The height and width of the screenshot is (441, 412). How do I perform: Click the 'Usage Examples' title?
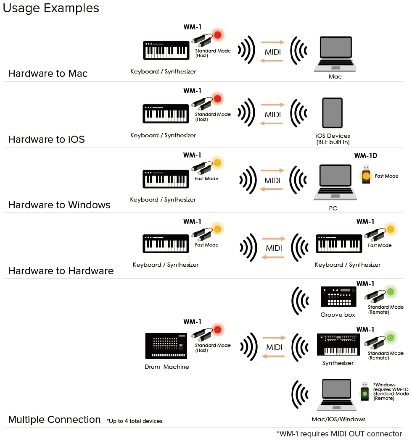click(51, 8)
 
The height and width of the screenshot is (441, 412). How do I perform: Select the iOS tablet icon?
click(332, 114)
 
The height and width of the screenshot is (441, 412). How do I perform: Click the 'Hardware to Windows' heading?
click(59, 205)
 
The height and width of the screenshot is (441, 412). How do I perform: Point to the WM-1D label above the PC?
click(365, 156)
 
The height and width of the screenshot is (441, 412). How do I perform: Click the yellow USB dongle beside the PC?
click(366, 175)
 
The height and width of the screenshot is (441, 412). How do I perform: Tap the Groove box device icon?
click(338, 297)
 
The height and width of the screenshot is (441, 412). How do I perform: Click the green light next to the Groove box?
click(391, 291)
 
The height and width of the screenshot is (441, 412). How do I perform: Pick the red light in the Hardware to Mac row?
click(217, 35)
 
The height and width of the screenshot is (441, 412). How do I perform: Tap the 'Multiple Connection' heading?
click(54, 420)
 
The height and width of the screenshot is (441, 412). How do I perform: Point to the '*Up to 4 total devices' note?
click(135, 421)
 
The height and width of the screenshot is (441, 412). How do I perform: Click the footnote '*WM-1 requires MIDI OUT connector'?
click(339, 434)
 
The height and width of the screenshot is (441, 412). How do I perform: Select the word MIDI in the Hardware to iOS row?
click(272, 115)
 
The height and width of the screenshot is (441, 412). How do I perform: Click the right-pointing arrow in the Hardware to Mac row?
click(272, 42)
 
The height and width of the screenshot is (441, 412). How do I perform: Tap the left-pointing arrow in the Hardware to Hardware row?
click(274, 257)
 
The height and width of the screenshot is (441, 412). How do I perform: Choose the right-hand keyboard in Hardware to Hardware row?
click(338, 244)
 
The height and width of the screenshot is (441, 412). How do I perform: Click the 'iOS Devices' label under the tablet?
click(333, 136)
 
